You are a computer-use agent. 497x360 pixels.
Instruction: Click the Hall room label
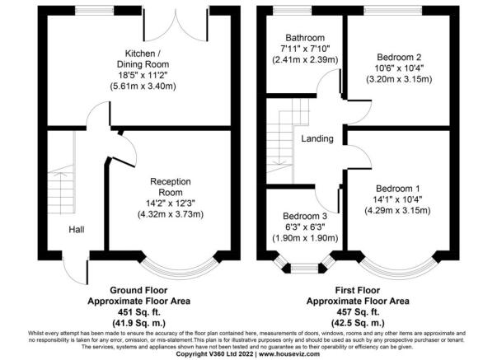coord(77,230)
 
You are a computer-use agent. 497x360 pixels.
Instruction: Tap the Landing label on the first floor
coord(317,138)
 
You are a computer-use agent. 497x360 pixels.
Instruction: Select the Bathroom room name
coord(305,38)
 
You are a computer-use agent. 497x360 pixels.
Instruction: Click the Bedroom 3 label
coord(305,216)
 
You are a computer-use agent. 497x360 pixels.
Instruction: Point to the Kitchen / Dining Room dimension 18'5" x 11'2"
coord(143,75)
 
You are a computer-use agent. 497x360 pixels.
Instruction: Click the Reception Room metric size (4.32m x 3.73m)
coord(171,214)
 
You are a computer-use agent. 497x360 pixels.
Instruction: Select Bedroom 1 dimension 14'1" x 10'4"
coord(398,199)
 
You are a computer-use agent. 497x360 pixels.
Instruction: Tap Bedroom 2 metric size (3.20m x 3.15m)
coord(399,79)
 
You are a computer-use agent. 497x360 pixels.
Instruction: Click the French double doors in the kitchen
coord(176,25)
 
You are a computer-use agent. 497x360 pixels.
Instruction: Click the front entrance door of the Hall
coord(76,269)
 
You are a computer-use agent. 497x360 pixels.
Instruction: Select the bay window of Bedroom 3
coord(304,264)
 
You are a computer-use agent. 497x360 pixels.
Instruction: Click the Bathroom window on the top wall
coord(293,11)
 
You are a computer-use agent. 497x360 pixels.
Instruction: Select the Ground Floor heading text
coord(138,290)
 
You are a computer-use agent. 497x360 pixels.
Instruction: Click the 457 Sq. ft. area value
coord(358,312)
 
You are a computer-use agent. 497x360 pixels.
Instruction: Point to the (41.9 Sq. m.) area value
coord(138,323)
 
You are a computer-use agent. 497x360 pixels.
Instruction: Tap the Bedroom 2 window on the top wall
coord(393,11)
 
